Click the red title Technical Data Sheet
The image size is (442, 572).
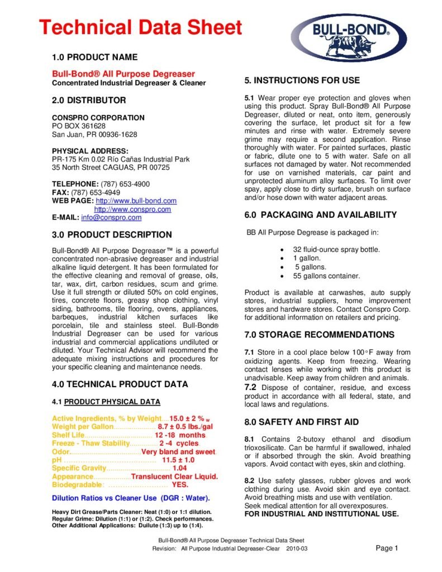140,27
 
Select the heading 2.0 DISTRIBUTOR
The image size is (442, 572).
89,101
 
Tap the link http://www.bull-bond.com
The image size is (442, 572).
136,201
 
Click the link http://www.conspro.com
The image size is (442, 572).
132,209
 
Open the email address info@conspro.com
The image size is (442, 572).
111,217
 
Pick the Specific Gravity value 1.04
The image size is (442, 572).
179,468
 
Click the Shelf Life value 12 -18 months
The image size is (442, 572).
180,435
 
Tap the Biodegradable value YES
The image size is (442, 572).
180,485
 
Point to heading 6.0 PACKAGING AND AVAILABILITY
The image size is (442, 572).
321,215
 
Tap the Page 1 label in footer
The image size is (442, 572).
387,548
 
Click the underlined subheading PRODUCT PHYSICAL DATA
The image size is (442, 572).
112,402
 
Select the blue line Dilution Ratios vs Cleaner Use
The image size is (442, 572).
131,498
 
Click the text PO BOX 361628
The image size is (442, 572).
79,126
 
